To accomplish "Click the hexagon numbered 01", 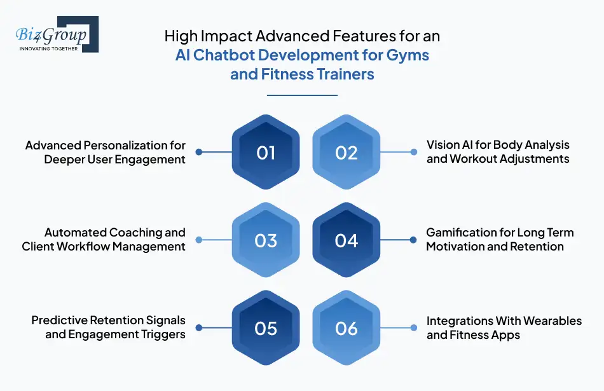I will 266,153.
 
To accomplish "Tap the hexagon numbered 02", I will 347,153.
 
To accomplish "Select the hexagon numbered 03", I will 266,240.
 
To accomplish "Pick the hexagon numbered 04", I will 347,240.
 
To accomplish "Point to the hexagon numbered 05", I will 266,328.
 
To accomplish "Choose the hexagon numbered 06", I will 347,328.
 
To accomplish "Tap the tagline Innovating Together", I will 49,48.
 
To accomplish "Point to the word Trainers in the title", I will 340,74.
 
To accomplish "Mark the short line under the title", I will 302,95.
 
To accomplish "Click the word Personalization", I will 135,146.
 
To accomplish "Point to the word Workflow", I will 86,246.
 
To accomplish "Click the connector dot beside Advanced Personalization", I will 199,152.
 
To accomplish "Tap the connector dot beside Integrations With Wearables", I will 414,328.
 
